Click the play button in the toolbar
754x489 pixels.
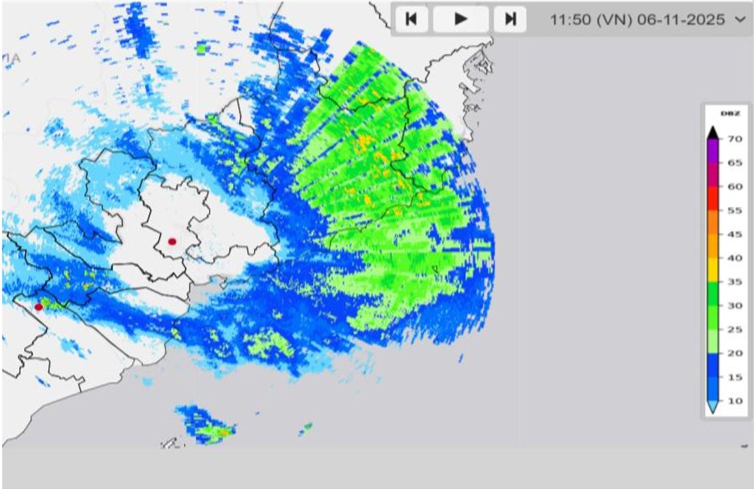461,19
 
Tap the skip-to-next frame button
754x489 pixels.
510,19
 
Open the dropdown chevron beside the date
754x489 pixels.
741,20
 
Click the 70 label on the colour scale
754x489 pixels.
734,139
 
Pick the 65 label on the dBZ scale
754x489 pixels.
734,163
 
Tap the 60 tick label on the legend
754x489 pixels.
734,186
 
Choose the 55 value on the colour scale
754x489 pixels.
734,210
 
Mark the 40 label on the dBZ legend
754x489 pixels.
734,258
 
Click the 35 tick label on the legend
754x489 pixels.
734,282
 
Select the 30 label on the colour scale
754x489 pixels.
734,306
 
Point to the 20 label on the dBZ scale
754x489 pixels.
734,354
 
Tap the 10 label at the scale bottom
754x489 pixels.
734,401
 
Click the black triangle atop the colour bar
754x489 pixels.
712,132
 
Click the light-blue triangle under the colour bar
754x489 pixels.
712,408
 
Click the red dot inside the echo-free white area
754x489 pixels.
172,241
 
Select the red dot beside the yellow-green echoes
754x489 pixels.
38,307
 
